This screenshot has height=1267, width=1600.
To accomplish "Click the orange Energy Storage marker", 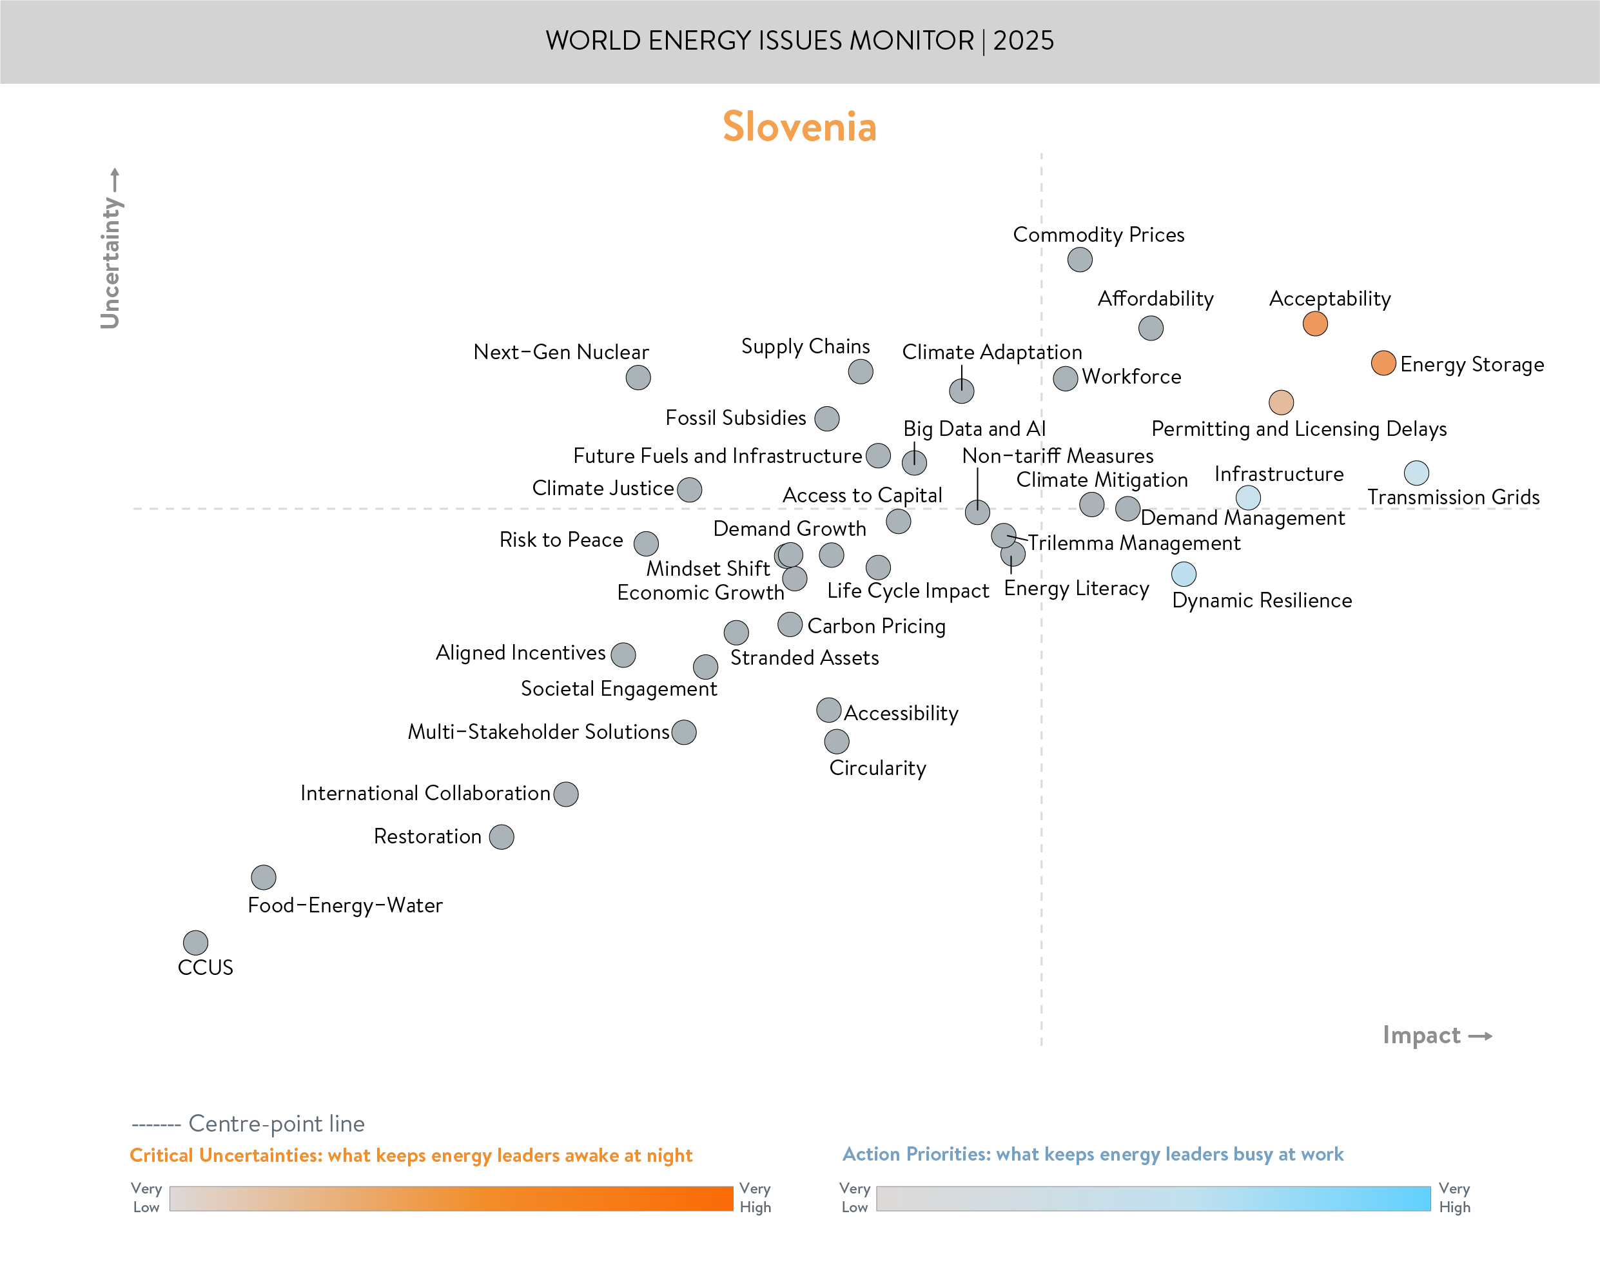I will click(1383, 363).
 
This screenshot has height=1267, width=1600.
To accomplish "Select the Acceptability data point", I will click(1314, 324).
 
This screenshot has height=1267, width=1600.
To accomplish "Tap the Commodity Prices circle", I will click(1080, 260).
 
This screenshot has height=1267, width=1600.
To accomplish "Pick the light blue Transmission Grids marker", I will click(1416, 473).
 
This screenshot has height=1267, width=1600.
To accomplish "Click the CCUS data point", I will click(196, 943).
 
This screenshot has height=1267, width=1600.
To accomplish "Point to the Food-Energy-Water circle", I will click(263, 878).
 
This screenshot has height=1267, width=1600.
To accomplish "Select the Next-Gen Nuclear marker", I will click(638, 378).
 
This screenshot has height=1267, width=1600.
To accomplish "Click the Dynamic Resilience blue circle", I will click(1184, 573).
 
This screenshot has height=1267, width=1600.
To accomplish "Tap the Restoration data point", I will click(501, 837).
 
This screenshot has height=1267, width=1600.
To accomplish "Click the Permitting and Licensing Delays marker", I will click(1281, 402).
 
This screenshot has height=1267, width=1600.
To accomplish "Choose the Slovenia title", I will click(799, 127).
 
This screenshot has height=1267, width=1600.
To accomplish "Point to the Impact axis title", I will click(1421, 1035).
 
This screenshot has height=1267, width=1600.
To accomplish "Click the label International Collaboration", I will click(425, 793).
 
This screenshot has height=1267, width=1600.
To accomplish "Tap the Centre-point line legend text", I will click(276, 1124).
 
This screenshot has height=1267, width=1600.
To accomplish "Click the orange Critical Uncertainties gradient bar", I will click(451, 1198).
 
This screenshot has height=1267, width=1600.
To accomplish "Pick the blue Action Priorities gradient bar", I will click(1153, 1198).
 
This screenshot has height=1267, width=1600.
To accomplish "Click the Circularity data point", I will click(836, 741).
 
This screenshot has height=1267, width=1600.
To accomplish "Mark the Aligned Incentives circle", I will click(623, 654).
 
